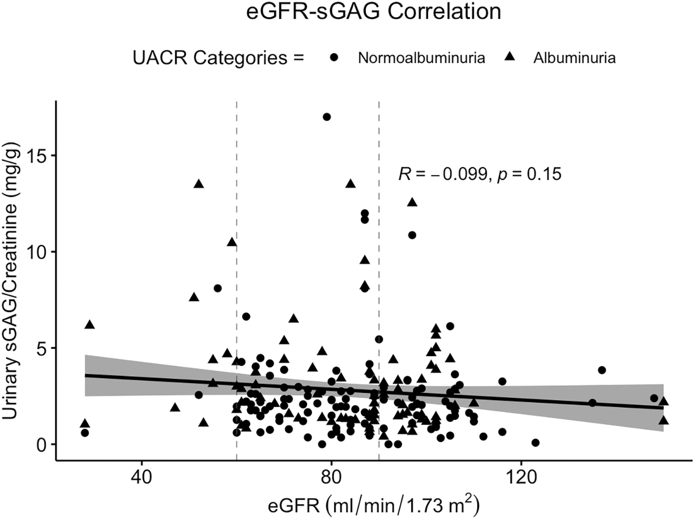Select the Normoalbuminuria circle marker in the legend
tap(335, 58)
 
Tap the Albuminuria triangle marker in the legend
tap(510, 58)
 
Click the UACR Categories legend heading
tap(218, 58)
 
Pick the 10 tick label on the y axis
tap(41, 252)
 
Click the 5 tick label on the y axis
tap(46, 348)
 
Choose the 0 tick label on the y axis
tap(46, 444)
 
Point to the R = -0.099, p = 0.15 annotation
tap(480, 174)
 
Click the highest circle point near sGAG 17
tap(327, 117)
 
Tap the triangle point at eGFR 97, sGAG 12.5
tap(412, 203)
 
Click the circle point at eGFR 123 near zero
tap(535, 442)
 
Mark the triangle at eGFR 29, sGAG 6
tap(89, 325)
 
